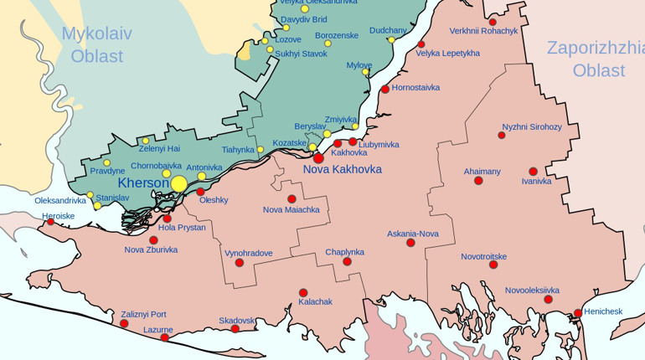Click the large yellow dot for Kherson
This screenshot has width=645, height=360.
point(178,184)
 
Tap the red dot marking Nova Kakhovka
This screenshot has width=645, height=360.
point(319,157)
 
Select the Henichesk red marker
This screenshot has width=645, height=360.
point(578,314)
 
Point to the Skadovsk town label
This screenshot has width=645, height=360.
point(237,321)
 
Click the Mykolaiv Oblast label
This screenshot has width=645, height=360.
point(96,45)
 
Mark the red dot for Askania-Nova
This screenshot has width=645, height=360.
point(410,243)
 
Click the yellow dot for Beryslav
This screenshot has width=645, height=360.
point(327,134)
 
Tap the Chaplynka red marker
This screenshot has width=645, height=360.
point(347,262)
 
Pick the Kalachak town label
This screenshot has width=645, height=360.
point(315,301)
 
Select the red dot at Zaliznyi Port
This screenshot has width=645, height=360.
point(124,323)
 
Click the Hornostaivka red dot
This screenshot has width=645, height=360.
point(385,89)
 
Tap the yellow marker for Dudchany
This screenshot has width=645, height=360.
point(391,40)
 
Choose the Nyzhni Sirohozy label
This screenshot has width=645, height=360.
point(532,127)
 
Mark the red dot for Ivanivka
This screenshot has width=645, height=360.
point(533,172)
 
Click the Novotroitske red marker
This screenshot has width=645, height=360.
point(493,265)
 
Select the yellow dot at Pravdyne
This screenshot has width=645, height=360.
point(106,163)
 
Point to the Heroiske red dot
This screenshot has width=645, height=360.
point(50,222)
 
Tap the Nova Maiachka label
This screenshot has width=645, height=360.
point(291,209)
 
